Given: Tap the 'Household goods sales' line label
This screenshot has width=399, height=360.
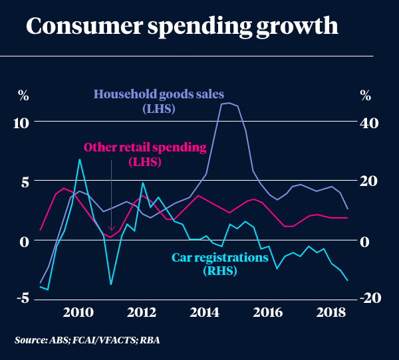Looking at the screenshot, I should coord(158,94).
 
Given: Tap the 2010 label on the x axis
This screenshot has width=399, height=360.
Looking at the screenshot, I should coord(78,313).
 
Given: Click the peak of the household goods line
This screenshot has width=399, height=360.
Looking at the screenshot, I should coord(228,103).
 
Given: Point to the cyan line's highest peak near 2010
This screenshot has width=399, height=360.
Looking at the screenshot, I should coord(80,159).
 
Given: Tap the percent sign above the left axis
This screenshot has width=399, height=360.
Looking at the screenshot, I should coord(23,95).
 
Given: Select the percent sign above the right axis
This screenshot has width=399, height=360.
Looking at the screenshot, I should coord(365,95).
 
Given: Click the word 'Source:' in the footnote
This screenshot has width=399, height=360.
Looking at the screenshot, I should coord(31,340).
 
